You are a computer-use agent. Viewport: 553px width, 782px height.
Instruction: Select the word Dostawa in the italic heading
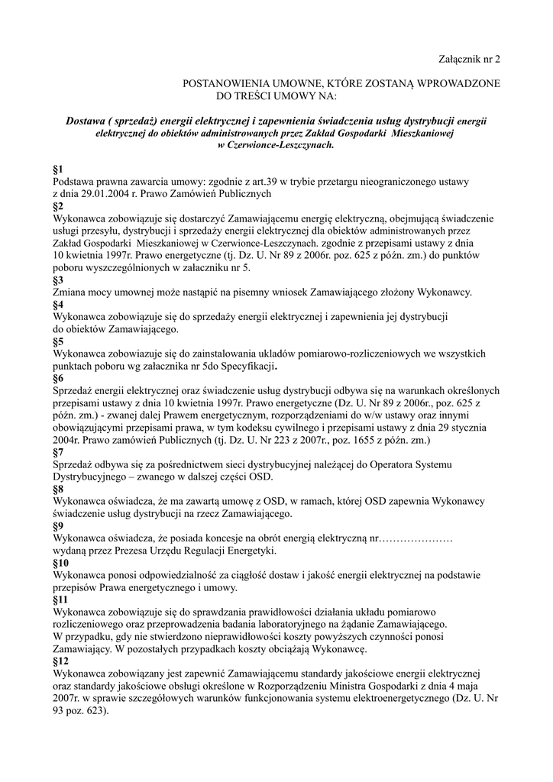point(86,120)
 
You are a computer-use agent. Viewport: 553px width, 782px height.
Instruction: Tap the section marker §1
point(58,169)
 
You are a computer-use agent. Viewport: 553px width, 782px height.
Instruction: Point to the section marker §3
point(58,280)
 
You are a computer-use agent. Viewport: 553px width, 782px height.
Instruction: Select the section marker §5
point(58,341)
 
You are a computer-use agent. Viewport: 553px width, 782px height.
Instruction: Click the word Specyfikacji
point(245,367)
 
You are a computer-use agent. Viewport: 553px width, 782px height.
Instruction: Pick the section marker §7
point(58,453)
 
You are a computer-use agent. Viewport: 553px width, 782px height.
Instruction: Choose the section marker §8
point(58,490)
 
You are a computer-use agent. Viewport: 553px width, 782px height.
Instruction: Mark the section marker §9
point(58,526)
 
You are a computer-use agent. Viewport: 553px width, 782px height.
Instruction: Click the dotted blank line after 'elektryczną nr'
point(417,538)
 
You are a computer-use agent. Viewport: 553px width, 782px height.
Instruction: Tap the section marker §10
point(60,563)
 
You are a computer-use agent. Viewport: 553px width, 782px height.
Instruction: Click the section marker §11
point(60,600)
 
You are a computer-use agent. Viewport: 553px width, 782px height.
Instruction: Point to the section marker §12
point(60,661)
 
